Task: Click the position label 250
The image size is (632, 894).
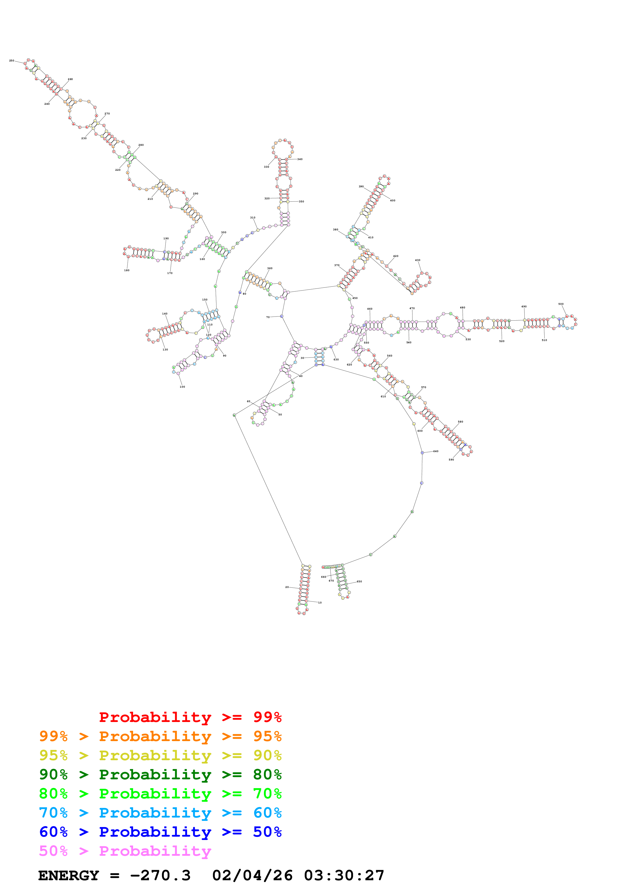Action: [12, 61]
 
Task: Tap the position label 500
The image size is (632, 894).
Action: [561, 304]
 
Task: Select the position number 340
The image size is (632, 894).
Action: [300, 159]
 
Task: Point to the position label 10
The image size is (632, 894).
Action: [320, 603]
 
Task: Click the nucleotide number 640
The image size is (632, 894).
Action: [436, 451]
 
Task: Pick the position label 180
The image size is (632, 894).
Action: [126, 270]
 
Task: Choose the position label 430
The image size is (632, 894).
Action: [417, 260]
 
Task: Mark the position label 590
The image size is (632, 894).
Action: [451, 460]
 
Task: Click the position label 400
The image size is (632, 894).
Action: [393, 201]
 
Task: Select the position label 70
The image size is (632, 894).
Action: [268, 317]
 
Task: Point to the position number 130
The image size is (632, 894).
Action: [165, 350]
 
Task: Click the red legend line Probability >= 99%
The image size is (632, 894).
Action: [190, 717]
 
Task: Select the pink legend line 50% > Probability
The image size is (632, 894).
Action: [125, 851]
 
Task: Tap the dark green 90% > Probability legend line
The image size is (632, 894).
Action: [160, 774]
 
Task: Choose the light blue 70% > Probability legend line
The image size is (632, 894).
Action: [160, 813]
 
